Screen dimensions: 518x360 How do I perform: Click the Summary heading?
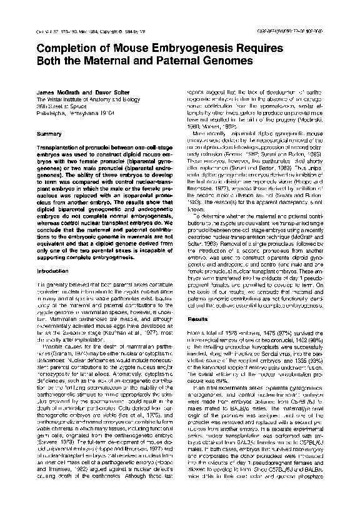(49, 134)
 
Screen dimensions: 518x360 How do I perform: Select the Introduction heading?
(55, 272)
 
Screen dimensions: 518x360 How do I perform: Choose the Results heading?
(197, 319)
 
